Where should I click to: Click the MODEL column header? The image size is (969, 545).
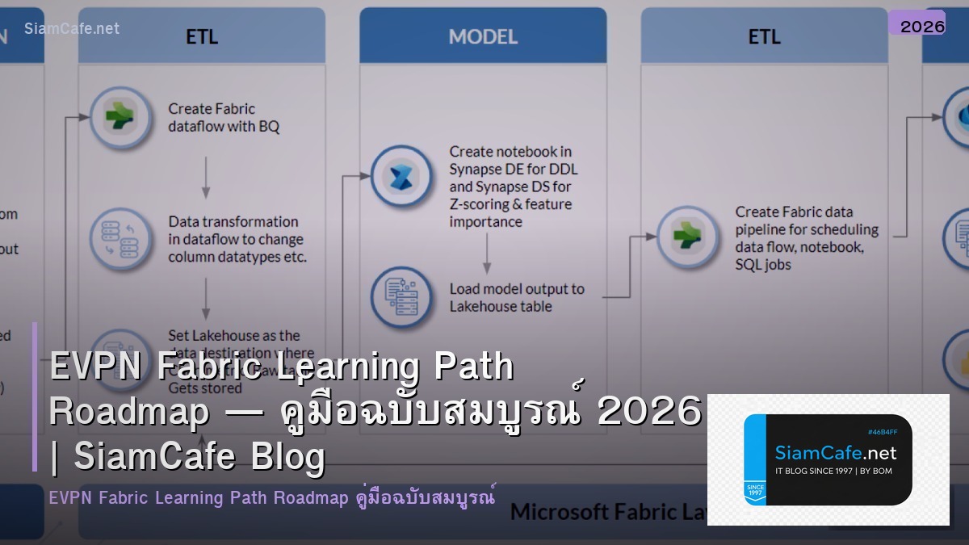(x=482, y=36)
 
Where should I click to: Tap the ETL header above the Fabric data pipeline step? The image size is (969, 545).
(x=764, y=36)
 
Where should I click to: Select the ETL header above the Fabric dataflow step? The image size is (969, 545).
(x=202, y=36)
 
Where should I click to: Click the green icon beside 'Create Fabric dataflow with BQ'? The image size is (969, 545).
(x=121, y=117)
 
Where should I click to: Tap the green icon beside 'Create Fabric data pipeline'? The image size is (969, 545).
(x=687, y=237)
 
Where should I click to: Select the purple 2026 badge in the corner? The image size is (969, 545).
(x=922, y=26)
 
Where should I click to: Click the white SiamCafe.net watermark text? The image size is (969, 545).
(x=72, y=28)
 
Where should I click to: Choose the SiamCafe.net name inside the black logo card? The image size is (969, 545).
(x=835, y=453)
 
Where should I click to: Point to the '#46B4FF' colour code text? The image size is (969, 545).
(x=883, y=432)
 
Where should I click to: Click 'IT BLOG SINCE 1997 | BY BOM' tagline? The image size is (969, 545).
(x=833, y=471)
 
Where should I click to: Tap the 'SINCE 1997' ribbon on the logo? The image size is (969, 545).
(x=755, y=491)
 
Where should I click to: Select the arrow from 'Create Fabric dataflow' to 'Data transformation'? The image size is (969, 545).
(x=206, y=178)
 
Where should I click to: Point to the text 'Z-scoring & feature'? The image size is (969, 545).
(x=510, y=204)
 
